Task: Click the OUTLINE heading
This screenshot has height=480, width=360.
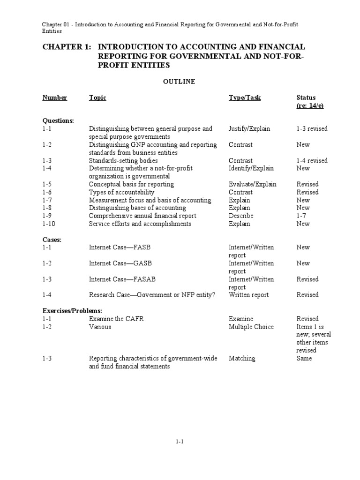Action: [179, 82]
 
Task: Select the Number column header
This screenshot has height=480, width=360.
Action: [55, 97]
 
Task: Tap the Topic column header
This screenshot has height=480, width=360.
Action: [97, 97]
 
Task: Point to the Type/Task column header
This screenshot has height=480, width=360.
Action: [245, 97]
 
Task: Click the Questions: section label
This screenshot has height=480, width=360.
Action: [58, 120]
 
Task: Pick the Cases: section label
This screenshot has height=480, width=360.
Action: [52, 240]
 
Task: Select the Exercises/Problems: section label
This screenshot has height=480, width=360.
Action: [72, 311]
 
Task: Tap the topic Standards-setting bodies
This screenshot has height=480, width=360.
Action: [125, 160]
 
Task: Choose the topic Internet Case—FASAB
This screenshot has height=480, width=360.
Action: [122, 279]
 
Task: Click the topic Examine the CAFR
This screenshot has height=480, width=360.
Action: [116, 319]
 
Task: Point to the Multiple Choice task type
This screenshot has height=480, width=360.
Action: [251, 327]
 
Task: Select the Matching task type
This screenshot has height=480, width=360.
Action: [242, 358]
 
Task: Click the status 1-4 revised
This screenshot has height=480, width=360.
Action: [312, 160]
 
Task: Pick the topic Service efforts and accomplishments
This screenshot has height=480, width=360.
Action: [140, 224]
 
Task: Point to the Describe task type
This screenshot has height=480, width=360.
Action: [241, 216]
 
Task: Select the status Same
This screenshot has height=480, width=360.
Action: [304, 358]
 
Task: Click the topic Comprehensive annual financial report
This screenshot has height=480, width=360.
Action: [142, 216]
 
